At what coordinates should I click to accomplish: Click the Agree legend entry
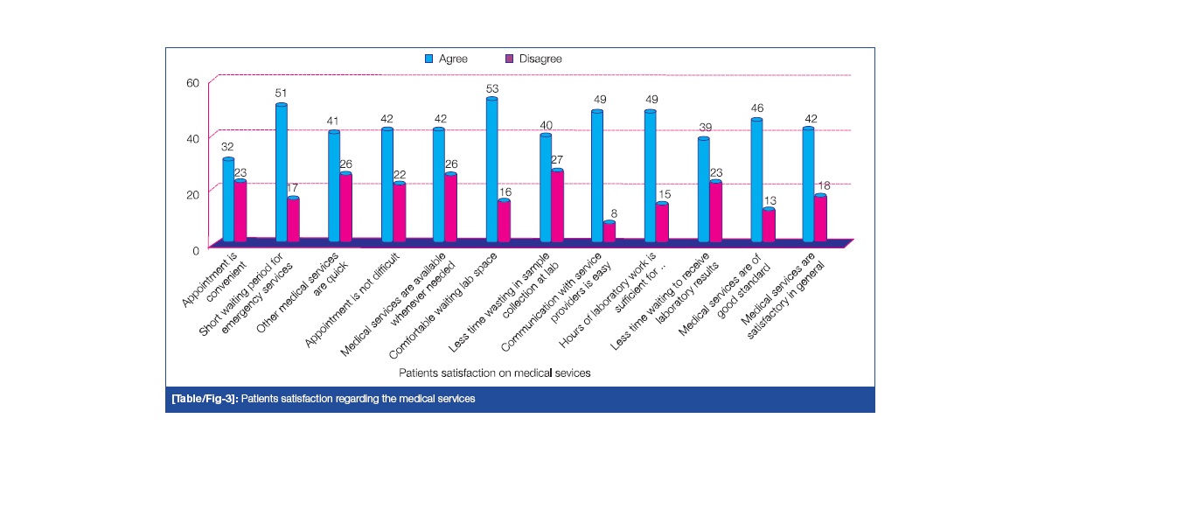pos(446,59)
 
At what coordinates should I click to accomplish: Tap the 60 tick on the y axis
pos(193,82)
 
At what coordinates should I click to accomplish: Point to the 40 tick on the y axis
pos(193,137)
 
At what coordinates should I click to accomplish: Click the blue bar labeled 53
pos(491,170)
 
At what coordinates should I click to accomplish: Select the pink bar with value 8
pos(609,232)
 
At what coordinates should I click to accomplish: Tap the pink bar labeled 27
pos(557,206)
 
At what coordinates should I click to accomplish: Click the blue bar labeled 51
pos(282,172)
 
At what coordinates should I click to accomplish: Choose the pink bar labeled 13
pos(769,225)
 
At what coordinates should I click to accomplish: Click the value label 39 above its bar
pos(703,128)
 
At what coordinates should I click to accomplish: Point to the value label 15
pos(663,193)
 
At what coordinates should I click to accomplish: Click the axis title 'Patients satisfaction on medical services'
pos(495,373)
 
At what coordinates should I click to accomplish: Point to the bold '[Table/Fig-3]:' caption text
pos(205,399)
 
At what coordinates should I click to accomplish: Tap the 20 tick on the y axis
pos(193,193)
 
